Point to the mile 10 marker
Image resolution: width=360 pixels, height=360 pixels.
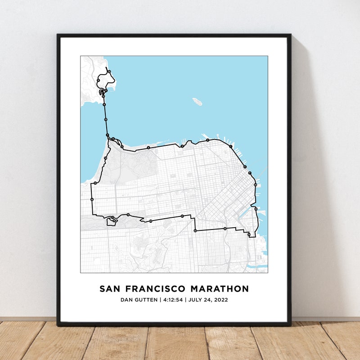109,72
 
